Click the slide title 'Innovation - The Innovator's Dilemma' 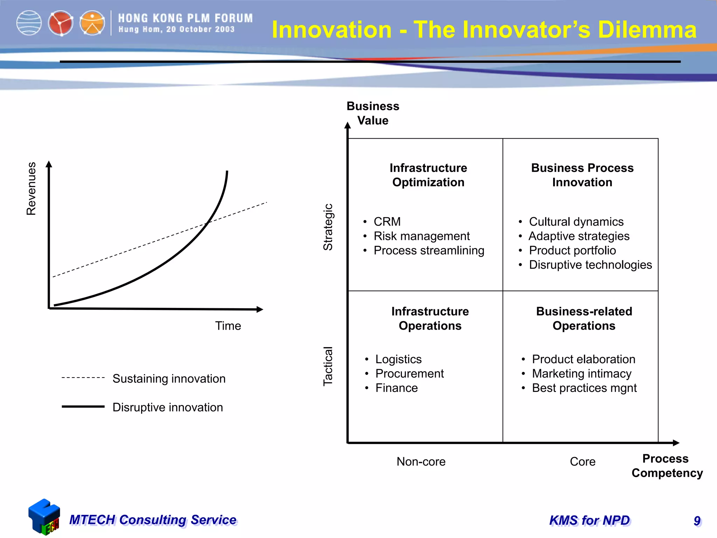coord(484,29)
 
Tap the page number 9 coord(697,521)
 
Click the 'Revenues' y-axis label coord(32,188)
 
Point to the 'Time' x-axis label coord(228,326)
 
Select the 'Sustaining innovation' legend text coord(169,379)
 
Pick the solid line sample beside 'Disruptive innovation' coord(83,407)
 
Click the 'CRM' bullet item coord(387,222)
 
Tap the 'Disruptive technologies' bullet coord(590,265)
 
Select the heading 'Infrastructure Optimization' coord(428,175)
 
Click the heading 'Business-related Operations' coord(584,318)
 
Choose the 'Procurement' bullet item coord(409,374)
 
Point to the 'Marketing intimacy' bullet coord(582,374)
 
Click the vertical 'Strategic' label coord(328,227)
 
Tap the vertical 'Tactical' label coord(328,366)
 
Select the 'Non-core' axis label coord(421,462)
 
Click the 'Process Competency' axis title coord(667,466)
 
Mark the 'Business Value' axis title coord(373,113)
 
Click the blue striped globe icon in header coord(29,23)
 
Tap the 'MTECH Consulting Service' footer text coord(153,520)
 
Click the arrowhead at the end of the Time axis coord(260,309)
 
